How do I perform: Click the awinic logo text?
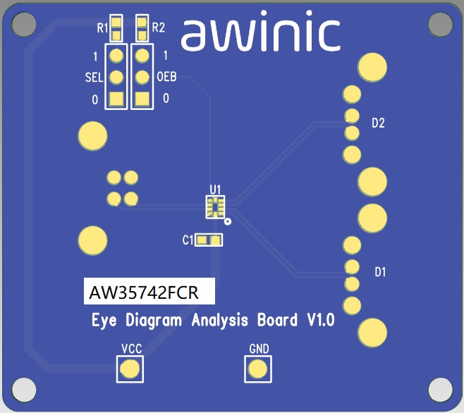[261, 35]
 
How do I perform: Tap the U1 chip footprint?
[215, 206]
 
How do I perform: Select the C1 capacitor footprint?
[209, 240]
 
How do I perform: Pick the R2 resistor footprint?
[142, 28]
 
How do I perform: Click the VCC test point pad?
[130, 369]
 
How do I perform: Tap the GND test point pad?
[258, 369]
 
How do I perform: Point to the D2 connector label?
[378, 123]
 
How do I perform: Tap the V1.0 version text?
[320, 321]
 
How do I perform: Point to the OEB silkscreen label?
[166, 77]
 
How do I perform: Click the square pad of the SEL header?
[117, 99]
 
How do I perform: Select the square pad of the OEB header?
[142, 99]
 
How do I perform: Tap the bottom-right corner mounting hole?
[440, 389]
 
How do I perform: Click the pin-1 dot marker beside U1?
[228, 223]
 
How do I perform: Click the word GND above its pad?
[259, 349]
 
